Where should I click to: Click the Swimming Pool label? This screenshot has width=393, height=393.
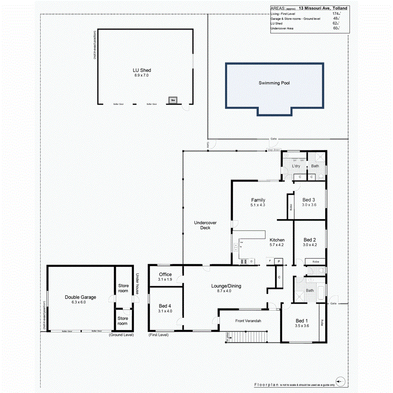(x=274, y=83)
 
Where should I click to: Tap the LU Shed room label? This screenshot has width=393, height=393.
(x=141, y=70)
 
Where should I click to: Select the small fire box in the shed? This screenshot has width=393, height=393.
(x=173, y=100)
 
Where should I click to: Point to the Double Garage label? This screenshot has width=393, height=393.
(x=80, y=297)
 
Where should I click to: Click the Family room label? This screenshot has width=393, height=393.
(x=258, y=200)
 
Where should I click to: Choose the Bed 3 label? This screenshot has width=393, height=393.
(x=309, y=200)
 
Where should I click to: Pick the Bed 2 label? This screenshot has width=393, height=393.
(x=309, y=240)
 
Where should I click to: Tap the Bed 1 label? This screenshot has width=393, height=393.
(x=302, y=321)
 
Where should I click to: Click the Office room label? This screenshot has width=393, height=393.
(x=165, y=275)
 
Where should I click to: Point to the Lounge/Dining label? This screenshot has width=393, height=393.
(x=226, y=286)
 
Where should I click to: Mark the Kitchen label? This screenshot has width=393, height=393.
(x=277, y=240)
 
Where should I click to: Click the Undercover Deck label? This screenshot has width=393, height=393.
(x=202, y=225)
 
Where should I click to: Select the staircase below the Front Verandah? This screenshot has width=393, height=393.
(x=248, y=337)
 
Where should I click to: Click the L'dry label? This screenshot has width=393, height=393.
(x=296, y=166)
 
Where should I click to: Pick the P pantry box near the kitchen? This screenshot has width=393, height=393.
(x=279, y=262)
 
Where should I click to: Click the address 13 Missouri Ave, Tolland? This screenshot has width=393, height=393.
(x=323, y=8)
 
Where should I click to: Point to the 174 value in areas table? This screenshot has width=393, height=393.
(x=335, y=14)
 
